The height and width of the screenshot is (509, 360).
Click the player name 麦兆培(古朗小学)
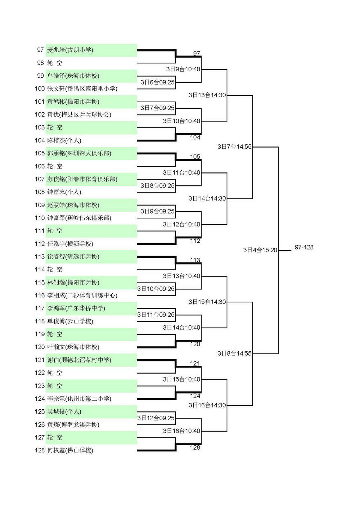70,50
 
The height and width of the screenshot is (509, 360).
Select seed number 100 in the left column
40,89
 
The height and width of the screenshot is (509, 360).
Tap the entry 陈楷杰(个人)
64,140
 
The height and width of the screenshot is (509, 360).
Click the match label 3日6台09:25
157,82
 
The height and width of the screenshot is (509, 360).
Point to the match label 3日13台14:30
207,95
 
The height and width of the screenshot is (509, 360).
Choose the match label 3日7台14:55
235,147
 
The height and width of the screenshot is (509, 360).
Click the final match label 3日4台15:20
260,250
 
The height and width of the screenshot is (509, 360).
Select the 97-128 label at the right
304,247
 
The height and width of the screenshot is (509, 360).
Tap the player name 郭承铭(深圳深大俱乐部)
79,153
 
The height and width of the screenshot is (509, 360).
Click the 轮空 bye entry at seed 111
55,231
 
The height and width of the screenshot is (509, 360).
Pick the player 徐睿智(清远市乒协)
73,257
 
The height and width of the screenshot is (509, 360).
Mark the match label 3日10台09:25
156,289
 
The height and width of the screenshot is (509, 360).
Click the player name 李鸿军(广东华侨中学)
76,308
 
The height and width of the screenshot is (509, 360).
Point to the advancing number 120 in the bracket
195,344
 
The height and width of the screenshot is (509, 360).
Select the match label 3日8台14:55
235,353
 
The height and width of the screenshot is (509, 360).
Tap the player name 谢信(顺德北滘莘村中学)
79,360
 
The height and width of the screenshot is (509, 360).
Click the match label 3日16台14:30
207,405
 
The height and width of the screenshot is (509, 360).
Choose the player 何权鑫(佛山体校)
70,450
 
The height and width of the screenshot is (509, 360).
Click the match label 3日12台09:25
156,418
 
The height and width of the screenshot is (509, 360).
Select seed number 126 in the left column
40,424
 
